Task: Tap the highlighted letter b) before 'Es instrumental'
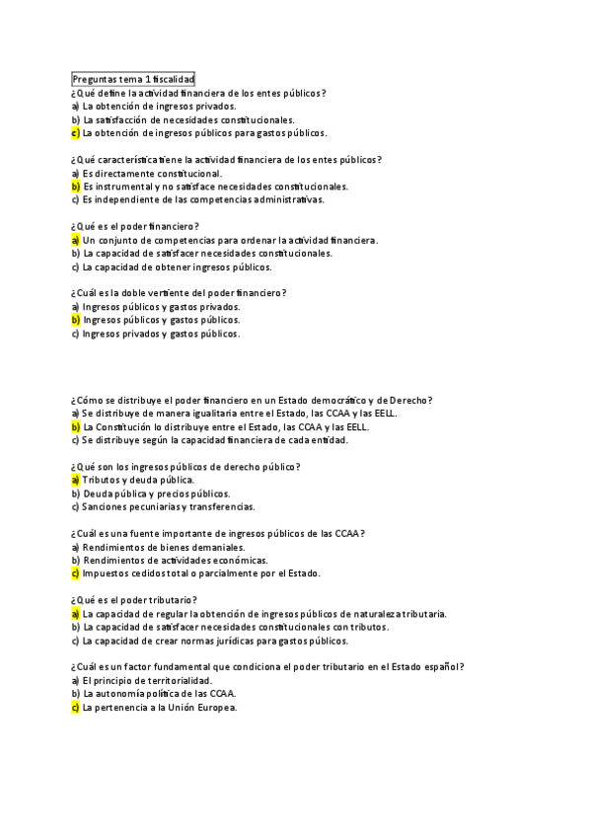pyautogui.click(x=75, y=187)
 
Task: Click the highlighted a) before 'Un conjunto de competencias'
pyautogui.click(x=75, y=240)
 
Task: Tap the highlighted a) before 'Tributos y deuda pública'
pyautogui.click(x=75, y=481)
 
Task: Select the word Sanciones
pyautogui.click(x=106, y=507)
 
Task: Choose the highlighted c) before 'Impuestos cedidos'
pyautogui.click(x=75, y=573)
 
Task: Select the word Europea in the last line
pyautogui.click(x=216, y=708)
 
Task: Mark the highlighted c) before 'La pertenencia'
pyautogui.click(x=75, y=708)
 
